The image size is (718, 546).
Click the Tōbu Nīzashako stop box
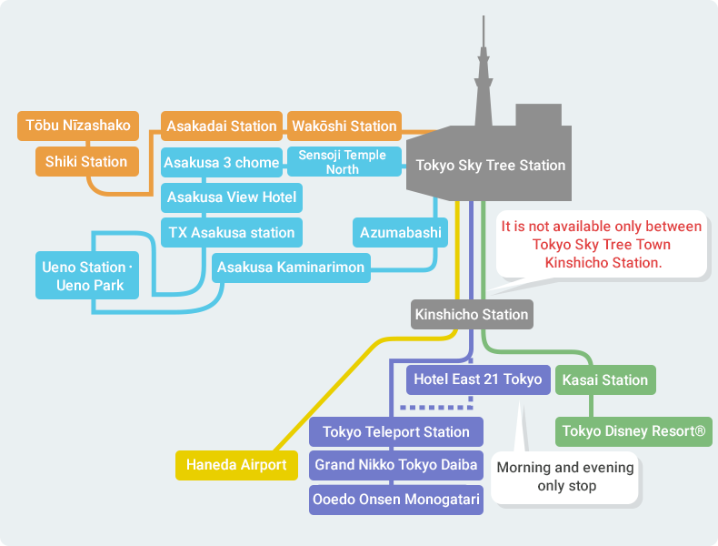pos(78,126)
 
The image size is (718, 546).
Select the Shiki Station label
pos(87,161)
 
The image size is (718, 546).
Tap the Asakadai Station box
pos(222,126)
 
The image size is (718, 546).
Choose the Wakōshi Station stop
pos(344,126)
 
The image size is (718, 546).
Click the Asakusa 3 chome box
pos(222,162)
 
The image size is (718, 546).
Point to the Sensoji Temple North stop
pos(344,162)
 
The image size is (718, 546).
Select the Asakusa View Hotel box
pos(232,197)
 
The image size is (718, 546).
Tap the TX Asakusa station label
pos(232,232)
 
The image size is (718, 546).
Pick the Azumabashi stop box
pos(400,232)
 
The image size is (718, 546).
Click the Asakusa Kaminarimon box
pos(291,268)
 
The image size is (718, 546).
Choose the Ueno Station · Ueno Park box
pos(87,276)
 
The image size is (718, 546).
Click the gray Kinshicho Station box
pos(472,315)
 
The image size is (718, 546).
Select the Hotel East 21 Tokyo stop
pos(478,379)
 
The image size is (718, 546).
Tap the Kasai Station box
pos(605,379)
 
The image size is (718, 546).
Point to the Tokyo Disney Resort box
pos(633,431)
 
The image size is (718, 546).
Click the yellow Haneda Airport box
pos(236,465)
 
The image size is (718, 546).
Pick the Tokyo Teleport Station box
pos(396,432)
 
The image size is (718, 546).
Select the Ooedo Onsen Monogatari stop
pos(396,500)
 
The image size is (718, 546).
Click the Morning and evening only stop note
pos(565,477)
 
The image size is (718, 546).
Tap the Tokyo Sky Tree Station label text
pos(491,165)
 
